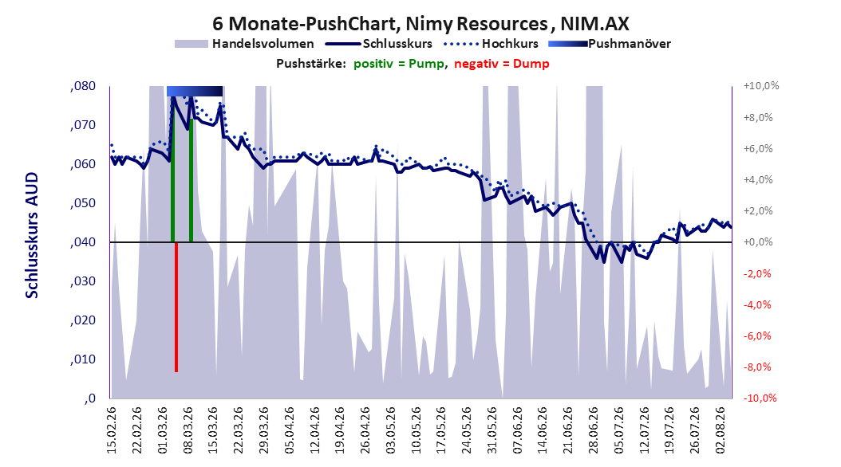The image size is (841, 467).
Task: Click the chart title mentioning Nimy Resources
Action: pyautogui.click(x=421, y=24)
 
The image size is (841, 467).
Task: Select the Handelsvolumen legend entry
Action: pyautogui.click(x=245, y=44)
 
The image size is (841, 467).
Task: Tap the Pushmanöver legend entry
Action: pyautogui.click(x=610, y=44)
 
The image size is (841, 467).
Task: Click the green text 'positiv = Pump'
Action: pyautogui.click(x=399, y=64)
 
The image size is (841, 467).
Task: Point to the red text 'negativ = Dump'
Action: pyautogui.click(x=502, y=64)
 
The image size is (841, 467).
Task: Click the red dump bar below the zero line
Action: pyautogui.click(x=176, y=307)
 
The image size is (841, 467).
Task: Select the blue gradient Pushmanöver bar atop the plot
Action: pyautogui.click(x=194, y=91)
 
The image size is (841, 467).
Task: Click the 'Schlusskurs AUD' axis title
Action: pyautogui.click(x=32, y=235)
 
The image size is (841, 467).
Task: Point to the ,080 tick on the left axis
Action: pyautogui.click(x=83, y=86)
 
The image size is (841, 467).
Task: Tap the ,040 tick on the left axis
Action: pyautogui.click(x=83, y=242)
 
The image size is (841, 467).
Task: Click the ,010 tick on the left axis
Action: pyautogui.click(x=83, y=359)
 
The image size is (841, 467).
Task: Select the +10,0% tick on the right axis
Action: pyautogui.click(x=761, y=86)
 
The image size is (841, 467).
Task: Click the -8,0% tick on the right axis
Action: pyautogui.click(x=758, y=367)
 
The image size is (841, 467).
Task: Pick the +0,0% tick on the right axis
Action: pyautogui.click(x=758, y=242)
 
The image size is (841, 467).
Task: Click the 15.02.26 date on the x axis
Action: pyautogui.click(x=112, y=430)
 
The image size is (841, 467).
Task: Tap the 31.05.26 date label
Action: pyautogui.click(x=492, y=430)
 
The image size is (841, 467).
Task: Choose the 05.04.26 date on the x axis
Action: pyautogui.click(x=289, y=430)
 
